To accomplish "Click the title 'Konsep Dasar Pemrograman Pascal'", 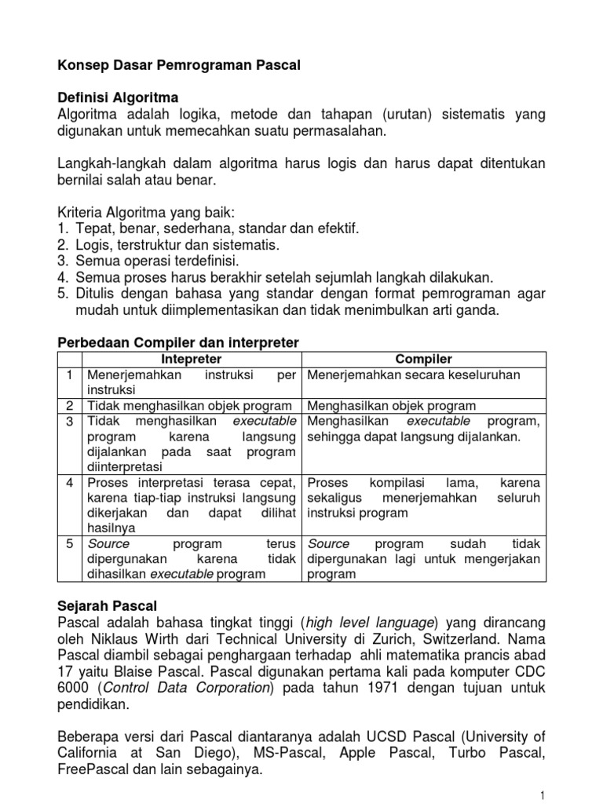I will point(180,68).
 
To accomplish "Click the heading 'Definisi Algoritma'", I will point(119,98).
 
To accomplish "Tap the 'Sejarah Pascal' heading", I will point(108,606).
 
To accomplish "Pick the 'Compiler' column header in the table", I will point(423,359).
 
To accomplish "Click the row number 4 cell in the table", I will point(71,481).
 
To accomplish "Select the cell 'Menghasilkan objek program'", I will point(392,406).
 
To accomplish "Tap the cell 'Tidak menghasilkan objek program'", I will point(191,406).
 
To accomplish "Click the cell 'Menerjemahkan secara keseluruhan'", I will point(414,375).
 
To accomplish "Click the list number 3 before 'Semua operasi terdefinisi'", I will point(64,260).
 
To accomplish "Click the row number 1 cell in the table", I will point(71,375).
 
